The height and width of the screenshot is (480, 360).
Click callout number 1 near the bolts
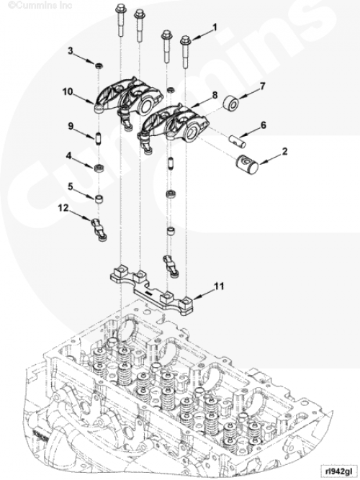(x=215, y=27)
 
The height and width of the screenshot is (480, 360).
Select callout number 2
(x=284, y=151)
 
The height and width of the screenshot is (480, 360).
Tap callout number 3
(x=71, y=51)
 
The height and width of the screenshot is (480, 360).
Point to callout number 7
(x=262, y=86)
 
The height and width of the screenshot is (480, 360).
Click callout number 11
(x=219, y=286)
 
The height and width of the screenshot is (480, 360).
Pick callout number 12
(x=63, y=208)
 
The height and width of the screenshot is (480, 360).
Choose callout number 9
(x=71, y=126)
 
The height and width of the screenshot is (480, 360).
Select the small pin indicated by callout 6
(x=238, y=141)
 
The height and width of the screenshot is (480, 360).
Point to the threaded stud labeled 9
(x=98, y=139)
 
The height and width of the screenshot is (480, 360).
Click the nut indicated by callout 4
(x=99, y=168)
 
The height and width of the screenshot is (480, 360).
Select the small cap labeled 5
(x=99, y=199)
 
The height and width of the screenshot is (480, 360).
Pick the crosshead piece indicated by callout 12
(x=99, y=229)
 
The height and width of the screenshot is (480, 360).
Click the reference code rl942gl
(x=338, y=471)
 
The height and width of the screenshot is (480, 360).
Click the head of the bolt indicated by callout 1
(x=185, y=40)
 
